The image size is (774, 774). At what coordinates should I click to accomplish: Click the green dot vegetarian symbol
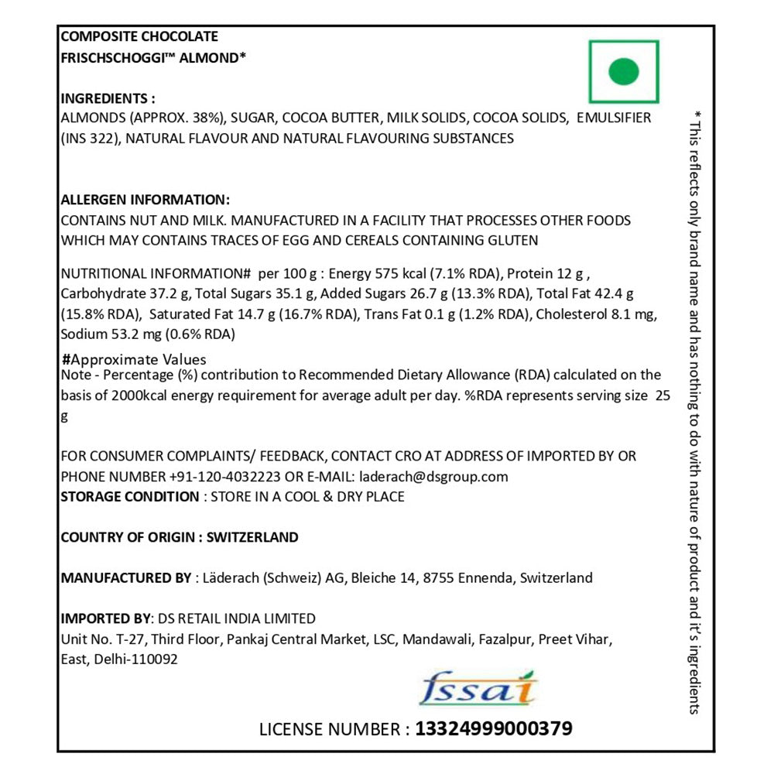(624, 72)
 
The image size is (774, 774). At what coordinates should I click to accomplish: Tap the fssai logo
(477, 687)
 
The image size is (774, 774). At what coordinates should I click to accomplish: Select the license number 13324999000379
(494, 728)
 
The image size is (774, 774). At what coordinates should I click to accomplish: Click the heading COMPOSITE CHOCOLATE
(139, 36)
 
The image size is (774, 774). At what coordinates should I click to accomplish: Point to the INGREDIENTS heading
(108, 98)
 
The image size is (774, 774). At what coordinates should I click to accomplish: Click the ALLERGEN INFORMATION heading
(145, 199)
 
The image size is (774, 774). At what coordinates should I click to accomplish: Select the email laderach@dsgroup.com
(432, 477)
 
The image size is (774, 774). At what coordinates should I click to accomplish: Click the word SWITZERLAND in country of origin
(253, 537)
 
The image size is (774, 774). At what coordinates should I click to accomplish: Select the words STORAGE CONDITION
(129, 497)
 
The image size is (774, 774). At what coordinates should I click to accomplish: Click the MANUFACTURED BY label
(125, 578)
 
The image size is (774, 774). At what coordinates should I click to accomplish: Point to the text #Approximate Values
(134, 360)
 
